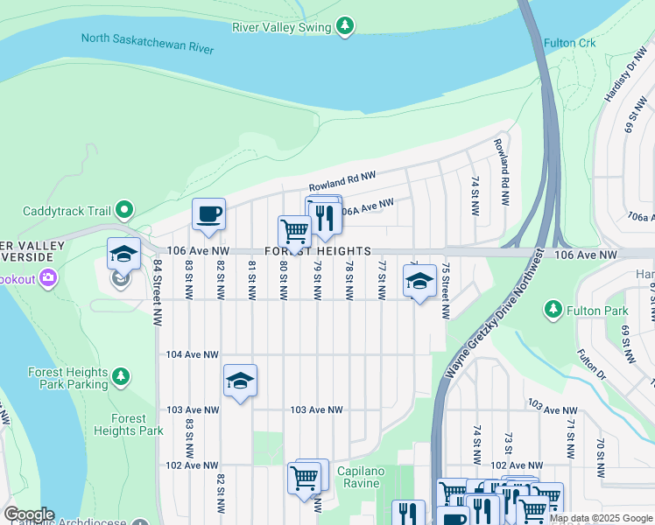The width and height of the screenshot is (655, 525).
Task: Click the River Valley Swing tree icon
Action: tap(346, 26)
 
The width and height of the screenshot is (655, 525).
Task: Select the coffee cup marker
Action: tap(209, 214)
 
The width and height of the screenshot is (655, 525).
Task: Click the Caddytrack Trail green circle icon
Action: tap(124, 210)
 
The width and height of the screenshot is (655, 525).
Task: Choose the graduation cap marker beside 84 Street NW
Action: tap(123, 254)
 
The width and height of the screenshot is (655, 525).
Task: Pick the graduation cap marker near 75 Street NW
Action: tap(419, 281)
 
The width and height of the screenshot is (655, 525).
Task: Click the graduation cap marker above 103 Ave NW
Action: tap(240, 381)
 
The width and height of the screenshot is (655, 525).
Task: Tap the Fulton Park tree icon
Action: tap(553, 310)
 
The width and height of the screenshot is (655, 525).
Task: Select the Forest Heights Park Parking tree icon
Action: tap(121, 377)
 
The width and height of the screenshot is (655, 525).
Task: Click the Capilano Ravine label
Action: tap(360, 477)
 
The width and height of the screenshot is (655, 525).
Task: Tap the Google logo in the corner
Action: tap(29, 514)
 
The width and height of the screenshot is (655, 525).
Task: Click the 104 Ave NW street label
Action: tap(193, 354)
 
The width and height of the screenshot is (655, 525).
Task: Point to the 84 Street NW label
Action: tap(158, 290)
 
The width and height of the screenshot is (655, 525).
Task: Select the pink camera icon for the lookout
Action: tap(47, 278)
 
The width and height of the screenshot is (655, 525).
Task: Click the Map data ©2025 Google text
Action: tap(600, 518)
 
